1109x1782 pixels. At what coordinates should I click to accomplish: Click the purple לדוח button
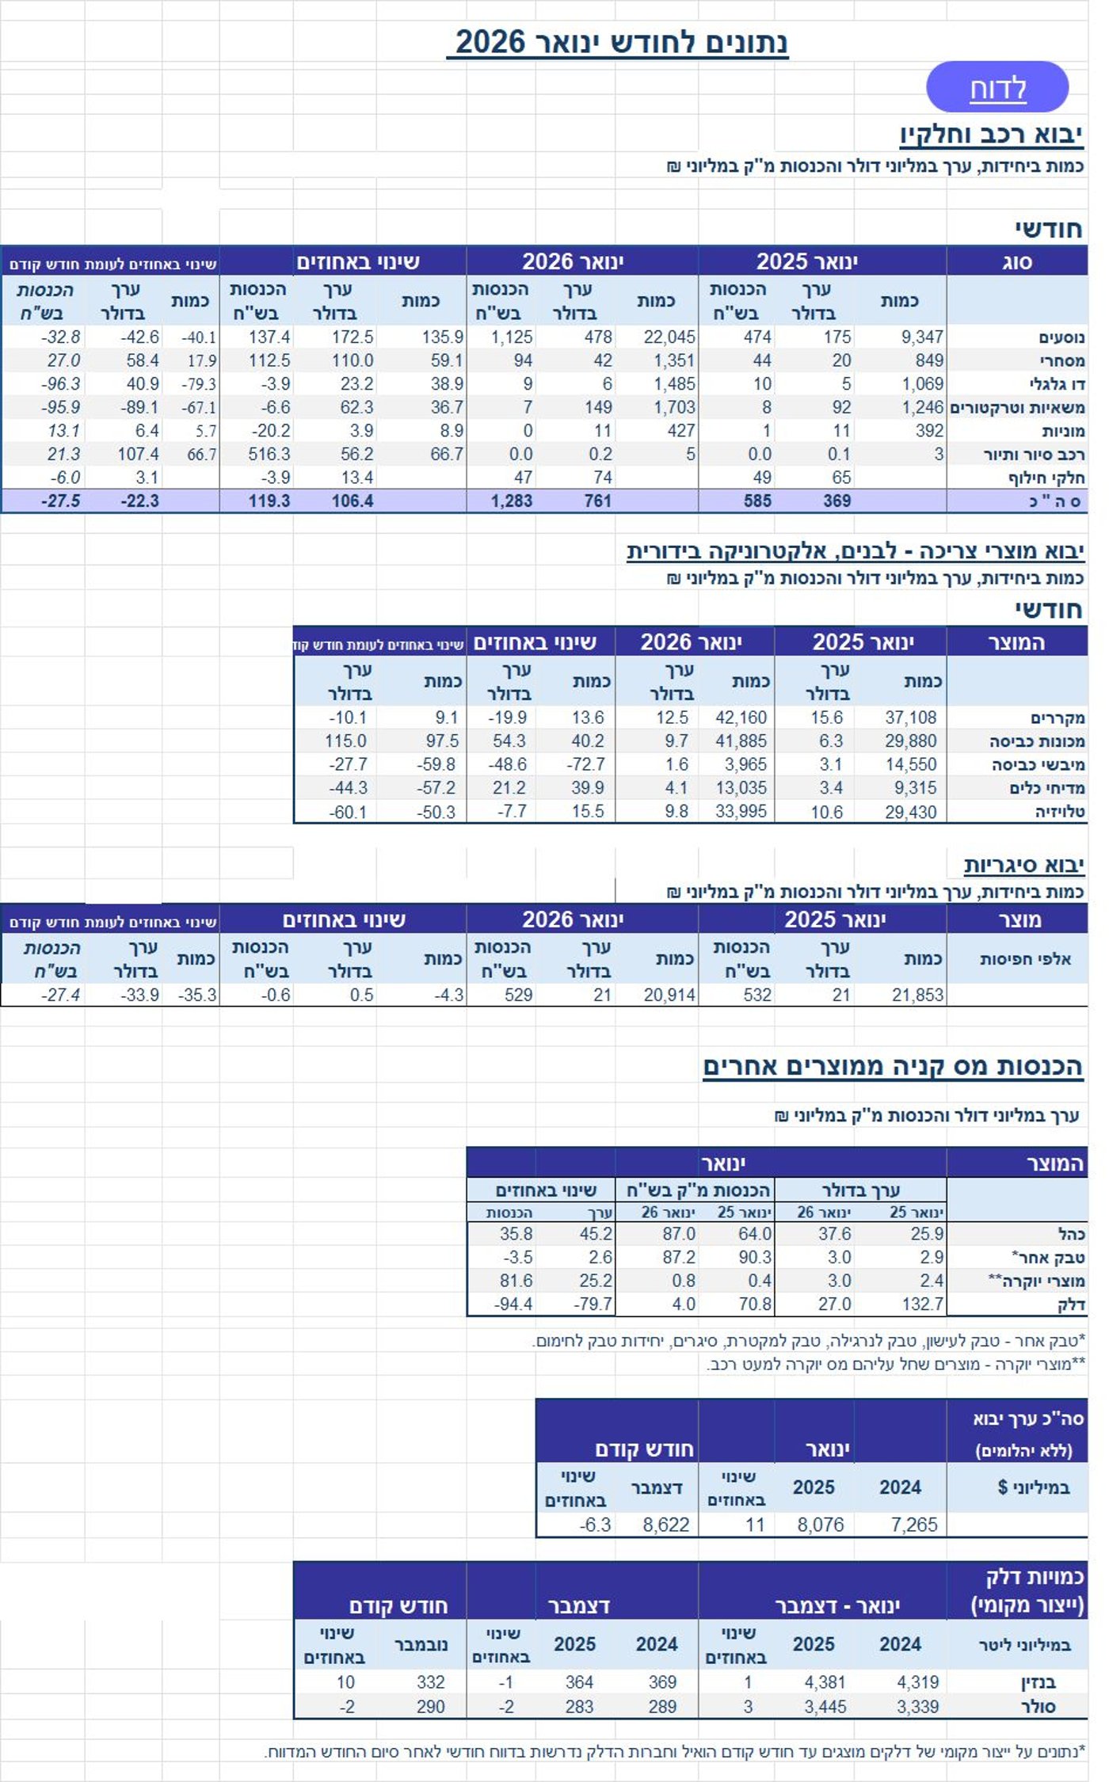[997, 87]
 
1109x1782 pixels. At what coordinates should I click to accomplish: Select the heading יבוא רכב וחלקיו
[991, 135]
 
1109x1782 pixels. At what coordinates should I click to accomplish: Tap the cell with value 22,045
[669, 337]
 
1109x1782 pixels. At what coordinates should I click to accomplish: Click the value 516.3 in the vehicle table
[269, 455]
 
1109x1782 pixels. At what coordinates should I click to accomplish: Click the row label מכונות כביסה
[1037, 741]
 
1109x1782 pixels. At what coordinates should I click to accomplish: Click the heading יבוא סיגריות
[1023, 865]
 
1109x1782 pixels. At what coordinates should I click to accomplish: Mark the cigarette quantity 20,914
[669, 995]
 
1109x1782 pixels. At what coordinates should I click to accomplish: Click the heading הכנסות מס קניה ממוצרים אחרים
[893, 1066]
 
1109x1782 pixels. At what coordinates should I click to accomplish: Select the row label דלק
[1071, 1304]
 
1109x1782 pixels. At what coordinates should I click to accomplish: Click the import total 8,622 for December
[665, 1525]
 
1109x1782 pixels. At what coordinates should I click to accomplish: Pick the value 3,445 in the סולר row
[825, 1707]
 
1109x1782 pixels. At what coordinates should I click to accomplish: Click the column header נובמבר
[421, 1645]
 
